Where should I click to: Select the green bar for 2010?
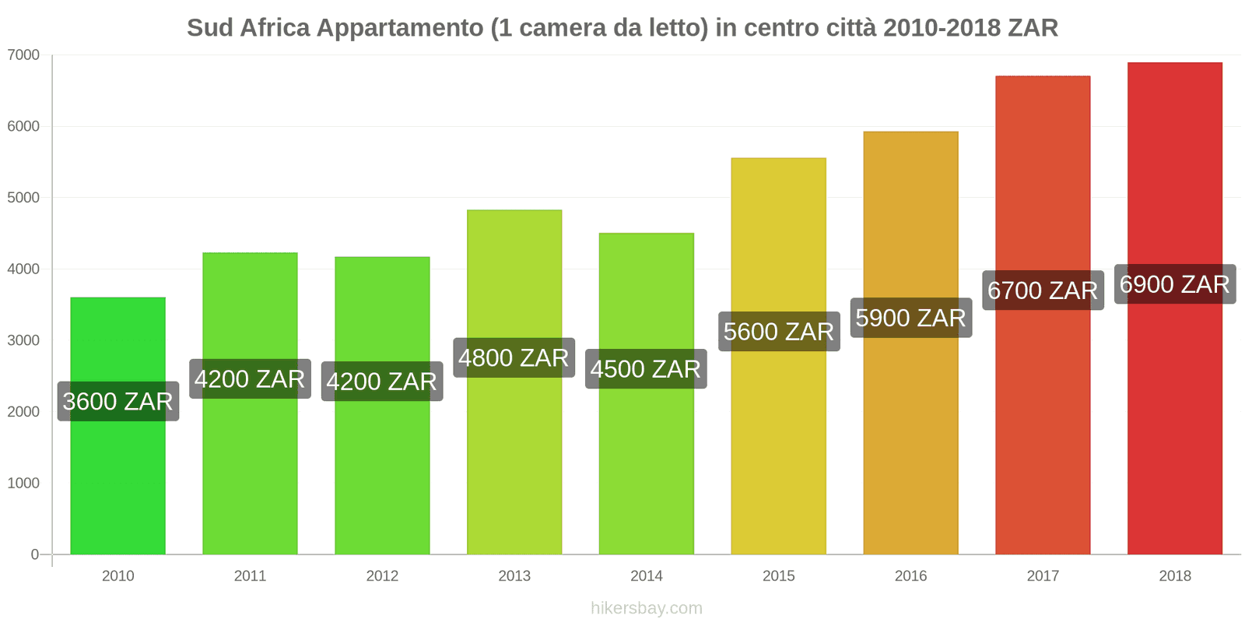coord(117,483)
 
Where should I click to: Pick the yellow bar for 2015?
coord(778,452)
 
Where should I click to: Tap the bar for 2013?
coord(514,467)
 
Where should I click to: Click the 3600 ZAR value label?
coord(118,401)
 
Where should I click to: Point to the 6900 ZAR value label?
coord(1174,284)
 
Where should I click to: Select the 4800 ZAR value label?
coord(514,357)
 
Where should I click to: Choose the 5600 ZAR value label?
coord(778,332)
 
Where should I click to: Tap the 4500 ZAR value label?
coord(646,368)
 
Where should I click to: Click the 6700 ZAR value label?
coord(1043,290)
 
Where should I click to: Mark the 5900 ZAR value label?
coord(910,318)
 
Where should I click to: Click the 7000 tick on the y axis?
coord(23,55)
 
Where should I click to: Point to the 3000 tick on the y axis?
coord(23,340)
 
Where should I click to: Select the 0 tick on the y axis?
coord(34,554)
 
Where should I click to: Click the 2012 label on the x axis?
coord(382,576)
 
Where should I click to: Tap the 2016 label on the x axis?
coord(910,576)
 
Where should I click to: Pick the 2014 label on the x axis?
coord(646,576)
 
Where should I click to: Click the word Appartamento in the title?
coord(400,28)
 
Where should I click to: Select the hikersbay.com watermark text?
coord(646,608)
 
